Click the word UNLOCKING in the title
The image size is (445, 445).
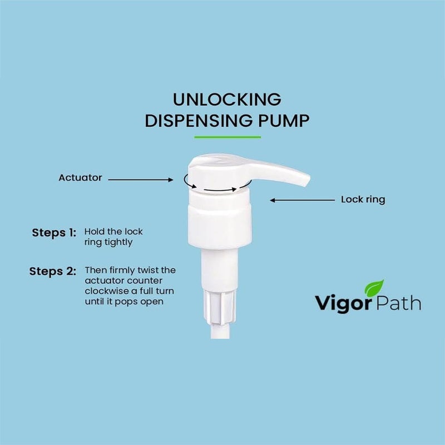(x=226, y=100)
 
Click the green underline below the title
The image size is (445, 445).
(x=227, y=137)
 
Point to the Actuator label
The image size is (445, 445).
(x=80, y=178)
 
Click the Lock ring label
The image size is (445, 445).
(x=363, y=199)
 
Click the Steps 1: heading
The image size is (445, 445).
(x=53, y=233)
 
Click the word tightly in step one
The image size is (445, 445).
(x=117, y=243)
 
